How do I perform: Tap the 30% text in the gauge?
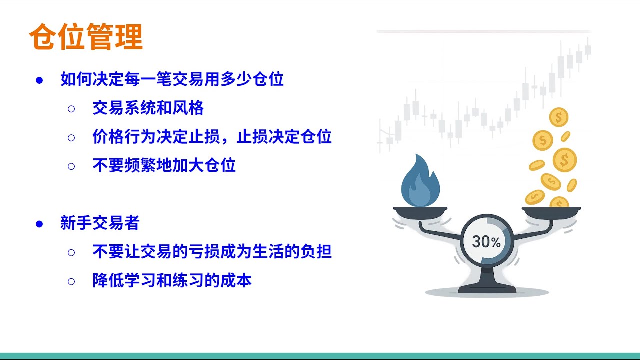pyautogui.click(x=486, y=242)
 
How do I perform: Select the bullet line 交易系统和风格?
pyautogui.click(x=148, y=108)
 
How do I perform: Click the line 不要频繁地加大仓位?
pyautogui.click(x=164, y=165)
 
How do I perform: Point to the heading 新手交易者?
pyautogui.click(x=100, y=223)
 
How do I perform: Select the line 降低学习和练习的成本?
pyautogui.click(x=172, y=280)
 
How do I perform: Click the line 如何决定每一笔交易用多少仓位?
pyautogui.click(x=172, y=79)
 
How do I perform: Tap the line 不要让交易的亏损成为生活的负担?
pyautogui.click(x=212, y=251)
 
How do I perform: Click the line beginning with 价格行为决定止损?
pyautogui.click(x=212, y=136)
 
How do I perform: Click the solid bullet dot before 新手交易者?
pyautogui.click(x=39, y=223)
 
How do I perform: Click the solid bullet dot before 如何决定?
pyautogui.click(x=39, y=80)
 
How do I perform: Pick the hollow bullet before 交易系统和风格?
pyautogui.click(x=71, y=108)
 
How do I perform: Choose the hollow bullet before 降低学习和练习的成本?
pyautogui.click(x=71, y=281)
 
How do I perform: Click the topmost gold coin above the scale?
pyautogui.click(x=558, y=118)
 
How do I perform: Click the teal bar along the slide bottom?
pyautogui.click(x=320, y=355)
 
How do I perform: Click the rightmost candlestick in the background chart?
pyautogui.click(x=588, y=49)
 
